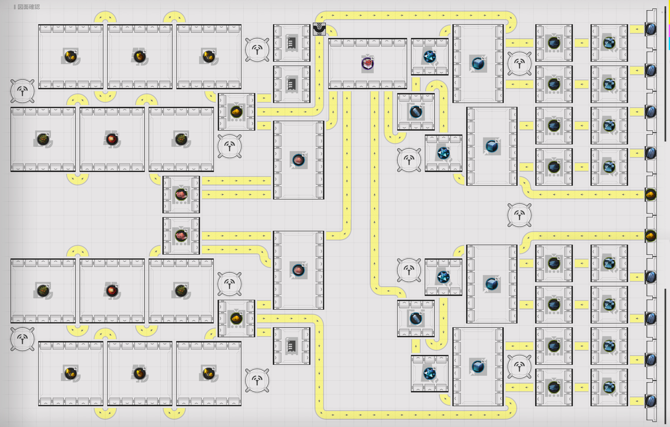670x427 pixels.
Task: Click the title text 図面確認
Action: pos(29,7)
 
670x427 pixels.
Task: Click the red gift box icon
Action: pos(367,64)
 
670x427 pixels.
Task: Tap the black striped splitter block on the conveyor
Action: pos(319,29)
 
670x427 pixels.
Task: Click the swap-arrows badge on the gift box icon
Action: pos(372,58)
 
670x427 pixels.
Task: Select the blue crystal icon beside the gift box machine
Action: pos(429,57)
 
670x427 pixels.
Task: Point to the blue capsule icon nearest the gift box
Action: pos(416,112)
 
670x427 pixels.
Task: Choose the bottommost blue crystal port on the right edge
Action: pos(651,401)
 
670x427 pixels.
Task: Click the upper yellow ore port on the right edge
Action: pos(651,194)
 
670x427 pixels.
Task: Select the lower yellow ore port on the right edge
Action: pos(651,236)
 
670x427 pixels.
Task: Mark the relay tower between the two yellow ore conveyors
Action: pos(519,215)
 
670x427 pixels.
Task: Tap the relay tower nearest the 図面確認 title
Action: pos(22,91)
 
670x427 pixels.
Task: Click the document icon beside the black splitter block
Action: pos(291,43)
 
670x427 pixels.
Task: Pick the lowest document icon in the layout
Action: pos(291,346)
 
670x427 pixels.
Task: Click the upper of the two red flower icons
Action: pos(112,139)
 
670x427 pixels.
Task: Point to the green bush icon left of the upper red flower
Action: pos(43,139)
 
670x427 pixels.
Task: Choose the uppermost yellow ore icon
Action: pos(236,112)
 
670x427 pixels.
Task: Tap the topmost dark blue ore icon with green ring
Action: pos(554,43)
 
